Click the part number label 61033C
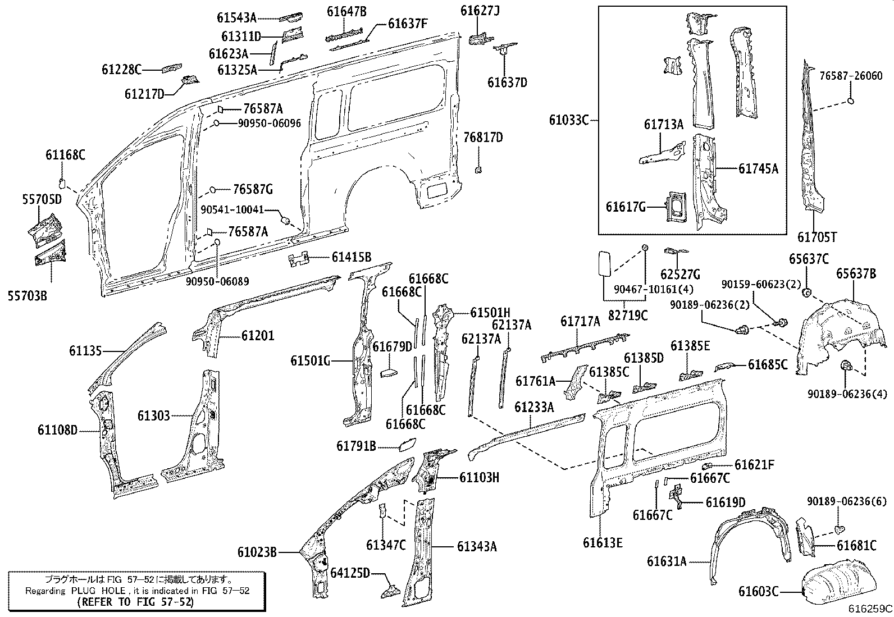click(x=569, y=120)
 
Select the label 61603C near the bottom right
click(x=758, y=591)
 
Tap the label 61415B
click(x=351, y=258)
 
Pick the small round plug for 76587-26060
click(x=850, y=102)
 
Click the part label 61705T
click(x=817, y=237)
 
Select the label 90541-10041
click(x=232, y=209)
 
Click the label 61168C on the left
click(x=66, y=156)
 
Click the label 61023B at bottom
click(x=257, y=552)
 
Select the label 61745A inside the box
click(x=758, y=168)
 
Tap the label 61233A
click(x=534, y=407)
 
